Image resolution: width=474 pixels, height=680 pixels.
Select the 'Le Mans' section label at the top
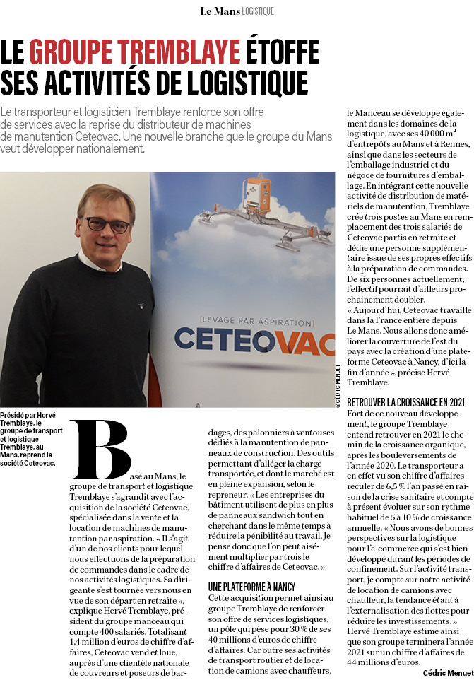(218, 11)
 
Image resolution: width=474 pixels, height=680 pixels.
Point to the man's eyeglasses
(107, 225)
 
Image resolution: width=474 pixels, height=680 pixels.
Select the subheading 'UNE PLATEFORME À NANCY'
(251, 587)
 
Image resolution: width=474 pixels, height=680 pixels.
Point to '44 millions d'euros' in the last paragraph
(382, 662)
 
